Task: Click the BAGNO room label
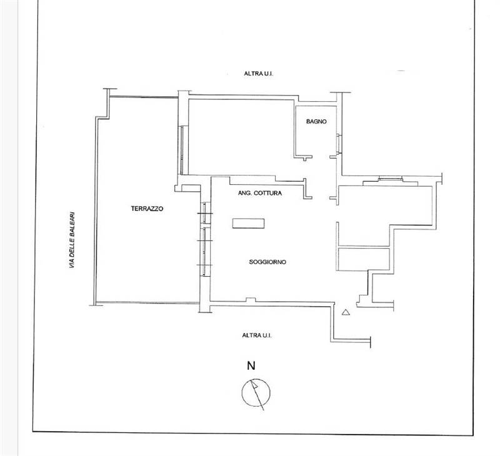316,121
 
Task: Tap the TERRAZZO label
147,209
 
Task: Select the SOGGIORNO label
267,262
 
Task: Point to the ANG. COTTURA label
260,193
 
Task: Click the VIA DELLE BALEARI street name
72,240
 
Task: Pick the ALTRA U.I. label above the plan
259,73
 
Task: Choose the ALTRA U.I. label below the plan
257,335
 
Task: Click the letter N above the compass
251,365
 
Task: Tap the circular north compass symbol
256,392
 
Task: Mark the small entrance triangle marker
346,312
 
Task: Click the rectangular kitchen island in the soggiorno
248,224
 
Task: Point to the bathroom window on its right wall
339,144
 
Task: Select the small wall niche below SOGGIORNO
251,300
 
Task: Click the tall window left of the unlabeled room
181,150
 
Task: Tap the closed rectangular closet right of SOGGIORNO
363,259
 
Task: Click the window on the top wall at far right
390,179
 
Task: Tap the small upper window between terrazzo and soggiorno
205,212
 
